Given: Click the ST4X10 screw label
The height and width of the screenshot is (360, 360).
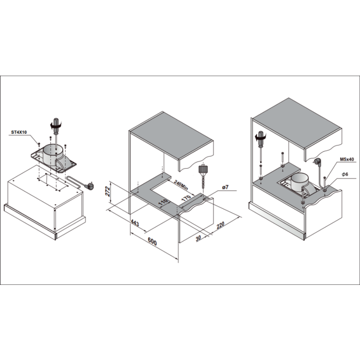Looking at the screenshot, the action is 19,132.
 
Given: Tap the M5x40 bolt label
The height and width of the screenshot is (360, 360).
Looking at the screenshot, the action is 347,159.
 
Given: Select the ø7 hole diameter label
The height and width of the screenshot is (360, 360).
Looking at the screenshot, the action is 225,187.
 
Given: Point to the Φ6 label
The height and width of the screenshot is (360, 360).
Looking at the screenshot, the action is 345,174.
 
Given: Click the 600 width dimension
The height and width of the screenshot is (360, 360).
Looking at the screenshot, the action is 152,242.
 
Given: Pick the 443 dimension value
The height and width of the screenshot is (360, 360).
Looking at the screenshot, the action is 135,223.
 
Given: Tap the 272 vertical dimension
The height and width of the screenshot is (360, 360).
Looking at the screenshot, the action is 107,191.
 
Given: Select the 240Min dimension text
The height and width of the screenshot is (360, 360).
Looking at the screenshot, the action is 181,185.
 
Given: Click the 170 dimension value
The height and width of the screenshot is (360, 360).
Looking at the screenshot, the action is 186,198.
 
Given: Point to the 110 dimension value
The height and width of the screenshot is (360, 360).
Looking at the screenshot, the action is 163,203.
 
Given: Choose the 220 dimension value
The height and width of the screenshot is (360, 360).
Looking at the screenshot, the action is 220,225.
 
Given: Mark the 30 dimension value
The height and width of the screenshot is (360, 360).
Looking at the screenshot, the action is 199,238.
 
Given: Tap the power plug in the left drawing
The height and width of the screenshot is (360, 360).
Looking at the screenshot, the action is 89,186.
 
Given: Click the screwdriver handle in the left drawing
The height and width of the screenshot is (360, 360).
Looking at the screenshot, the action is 56,127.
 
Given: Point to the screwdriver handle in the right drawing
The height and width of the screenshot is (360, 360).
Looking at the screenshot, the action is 261,138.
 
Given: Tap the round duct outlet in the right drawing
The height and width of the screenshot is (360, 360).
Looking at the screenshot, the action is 300,182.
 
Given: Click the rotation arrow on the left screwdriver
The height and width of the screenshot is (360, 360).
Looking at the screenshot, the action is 56,125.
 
